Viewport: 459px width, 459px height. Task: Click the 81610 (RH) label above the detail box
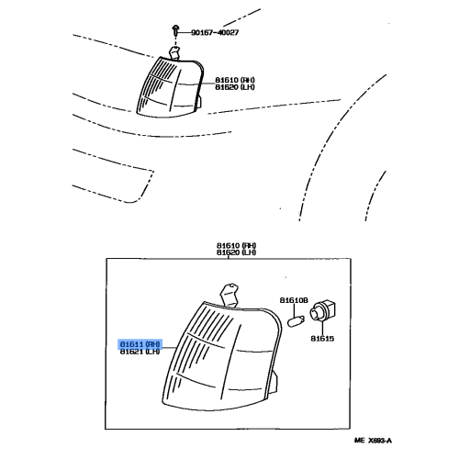point(236,245)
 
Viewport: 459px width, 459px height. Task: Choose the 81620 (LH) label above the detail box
point(236,253)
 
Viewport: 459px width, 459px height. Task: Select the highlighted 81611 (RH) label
point(140,342)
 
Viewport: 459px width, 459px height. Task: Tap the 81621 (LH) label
point(140,352)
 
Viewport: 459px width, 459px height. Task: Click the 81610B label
point(294,301)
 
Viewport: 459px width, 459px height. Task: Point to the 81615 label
point(323,338)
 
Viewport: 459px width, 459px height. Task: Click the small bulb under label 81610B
point(295,319)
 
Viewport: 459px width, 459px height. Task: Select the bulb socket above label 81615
point(325,315)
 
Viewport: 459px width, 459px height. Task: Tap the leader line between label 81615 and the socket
point(323,329)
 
